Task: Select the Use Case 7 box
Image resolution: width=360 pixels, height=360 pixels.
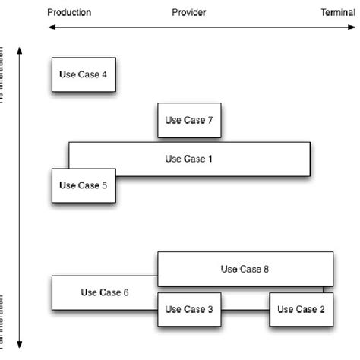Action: tap(189, 120)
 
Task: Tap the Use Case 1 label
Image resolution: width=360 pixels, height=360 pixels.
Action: tap(188, 159)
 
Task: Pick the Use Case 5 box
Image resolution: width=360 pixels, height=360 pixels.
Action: tap(84, 185)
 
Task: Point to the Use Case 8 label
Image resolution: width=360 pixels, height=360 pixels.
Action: tap(245, 268)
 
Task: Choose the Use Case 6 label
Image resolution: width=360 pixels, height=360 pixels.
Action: tap(104, 292)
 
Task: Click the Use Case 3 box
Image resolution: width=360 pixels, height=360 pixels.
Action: tap(189, 309)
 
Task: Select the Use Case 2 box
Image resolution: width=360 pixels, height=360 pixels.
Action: tap(301, 309)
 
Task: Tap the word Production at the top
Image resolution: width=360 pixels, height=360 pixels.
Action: tap(69, 13)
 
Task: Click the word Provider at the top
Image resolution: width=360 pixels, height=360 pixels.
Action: tap(189, 13)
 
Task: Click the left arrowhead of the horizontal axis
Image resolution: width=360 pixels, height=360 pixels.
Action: tap(50, 27)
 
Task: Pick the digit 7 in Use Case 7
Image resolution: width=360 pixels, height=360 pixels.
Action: tap(210, 120)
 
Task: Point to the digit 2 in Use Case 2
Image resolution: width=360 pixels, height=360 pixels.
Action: tap(322, 309)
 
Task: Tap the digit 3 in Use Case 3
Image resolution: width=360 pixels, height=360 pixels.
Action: tap(210, 309)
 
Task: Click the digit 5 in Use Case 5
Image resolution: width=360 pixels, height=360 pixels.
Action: tap(105, 185)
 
